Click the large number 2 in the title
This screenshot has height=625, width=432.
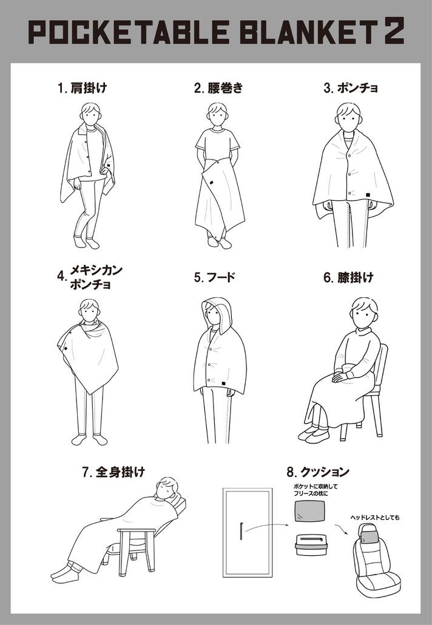(x=394, y=30)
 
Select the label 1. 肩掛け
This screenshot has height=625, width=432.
(x=83, y=88)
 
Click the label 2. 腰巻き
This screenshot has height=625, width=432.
(x=218, y=88)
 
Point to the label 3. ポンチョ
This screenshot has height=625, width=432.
(x=351, y=88)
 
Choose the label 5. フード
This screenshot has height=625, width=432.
(x=214, y=277)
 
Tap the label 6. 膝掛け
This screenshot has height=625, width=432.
(x=348, y=277)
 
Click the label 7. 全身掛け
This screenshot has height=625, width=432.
(x=114, y=472)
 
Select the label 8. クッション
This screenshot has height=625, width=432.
(x=317, y=472)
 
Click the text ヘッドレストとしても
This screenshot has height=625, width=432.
(x=374, y=518)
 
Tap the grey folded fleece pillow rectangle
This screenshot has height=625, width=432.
(x=309, y=511)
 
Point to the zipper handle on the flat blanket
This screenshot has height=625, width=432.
(x=241, y=530)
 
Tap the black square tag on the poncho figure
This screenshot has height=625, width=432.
(x=368, y=195)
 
